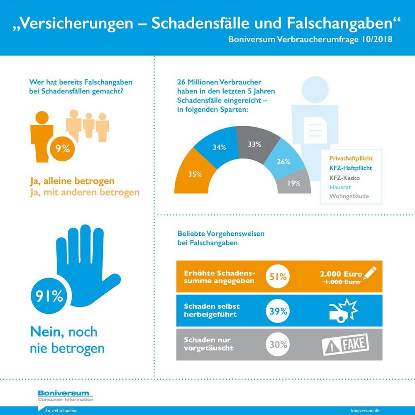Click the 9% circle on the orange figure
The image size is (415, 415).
click(63, 149)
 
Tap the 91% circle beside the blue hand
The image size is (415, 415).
click(49, 296)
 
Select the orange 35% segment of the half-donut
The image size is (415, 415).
click(194, 173)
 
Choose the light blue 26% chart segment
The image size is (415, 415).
click(283, 161)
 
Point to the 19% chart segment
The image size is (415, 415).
click(294, 183)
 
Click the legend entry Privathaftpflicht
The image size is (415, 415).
click(351, 159)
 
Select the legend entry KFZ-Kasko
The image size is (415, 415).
click(344, 178)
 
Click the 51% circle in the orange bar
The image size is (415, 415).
click(278, 276)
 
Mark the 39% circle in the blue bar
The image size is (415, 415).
click(278, 311)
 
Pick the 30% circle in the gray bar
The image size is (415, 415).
click(278, 344)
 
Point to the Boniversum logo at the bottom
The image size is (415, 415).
click(66, 395)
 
